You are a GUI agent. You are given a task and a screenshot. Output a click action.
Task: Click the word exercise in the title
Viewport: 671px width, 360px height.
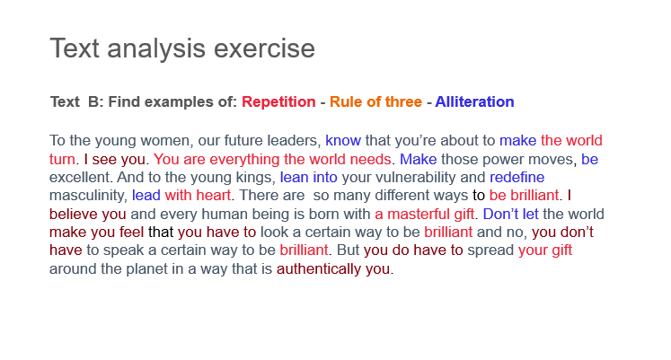click(264, 48)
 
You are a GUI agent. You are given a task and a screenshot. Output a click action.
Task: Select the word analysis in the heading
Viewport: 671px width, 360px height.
click(155, 49)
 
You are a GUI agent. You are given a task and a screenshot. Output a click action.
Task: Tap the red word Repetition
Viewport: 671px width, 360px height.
click(278, 102)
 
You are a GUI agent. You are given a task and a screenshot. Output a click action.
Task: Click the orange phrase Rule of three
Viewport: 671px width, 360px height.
click(375, 101)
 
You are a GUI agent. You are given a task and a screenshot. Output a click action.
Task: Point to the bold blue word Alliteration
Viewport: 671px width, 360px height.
click(474, 101)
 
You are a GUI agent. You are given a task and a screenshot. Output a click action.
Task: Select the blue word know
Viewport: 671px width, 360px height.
click(343, 141)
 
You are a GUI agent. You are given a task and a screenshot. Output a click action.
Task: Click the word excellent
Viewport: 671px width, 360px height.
click(80, 178)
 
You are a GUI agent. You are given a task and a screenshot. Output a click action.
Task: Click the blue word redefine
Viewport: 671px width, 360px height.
click(516, 178)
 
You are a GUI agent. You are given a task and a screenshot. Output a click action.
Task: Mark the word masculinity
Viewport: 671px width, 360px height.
click(88, 196)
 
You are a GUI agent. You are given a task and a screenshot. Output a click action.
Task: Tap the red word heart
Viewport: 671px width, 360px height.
click(213, 196)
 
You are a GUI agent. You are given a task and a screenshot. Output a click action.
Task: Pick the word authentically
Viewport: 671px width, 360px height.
click(319, 269)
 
